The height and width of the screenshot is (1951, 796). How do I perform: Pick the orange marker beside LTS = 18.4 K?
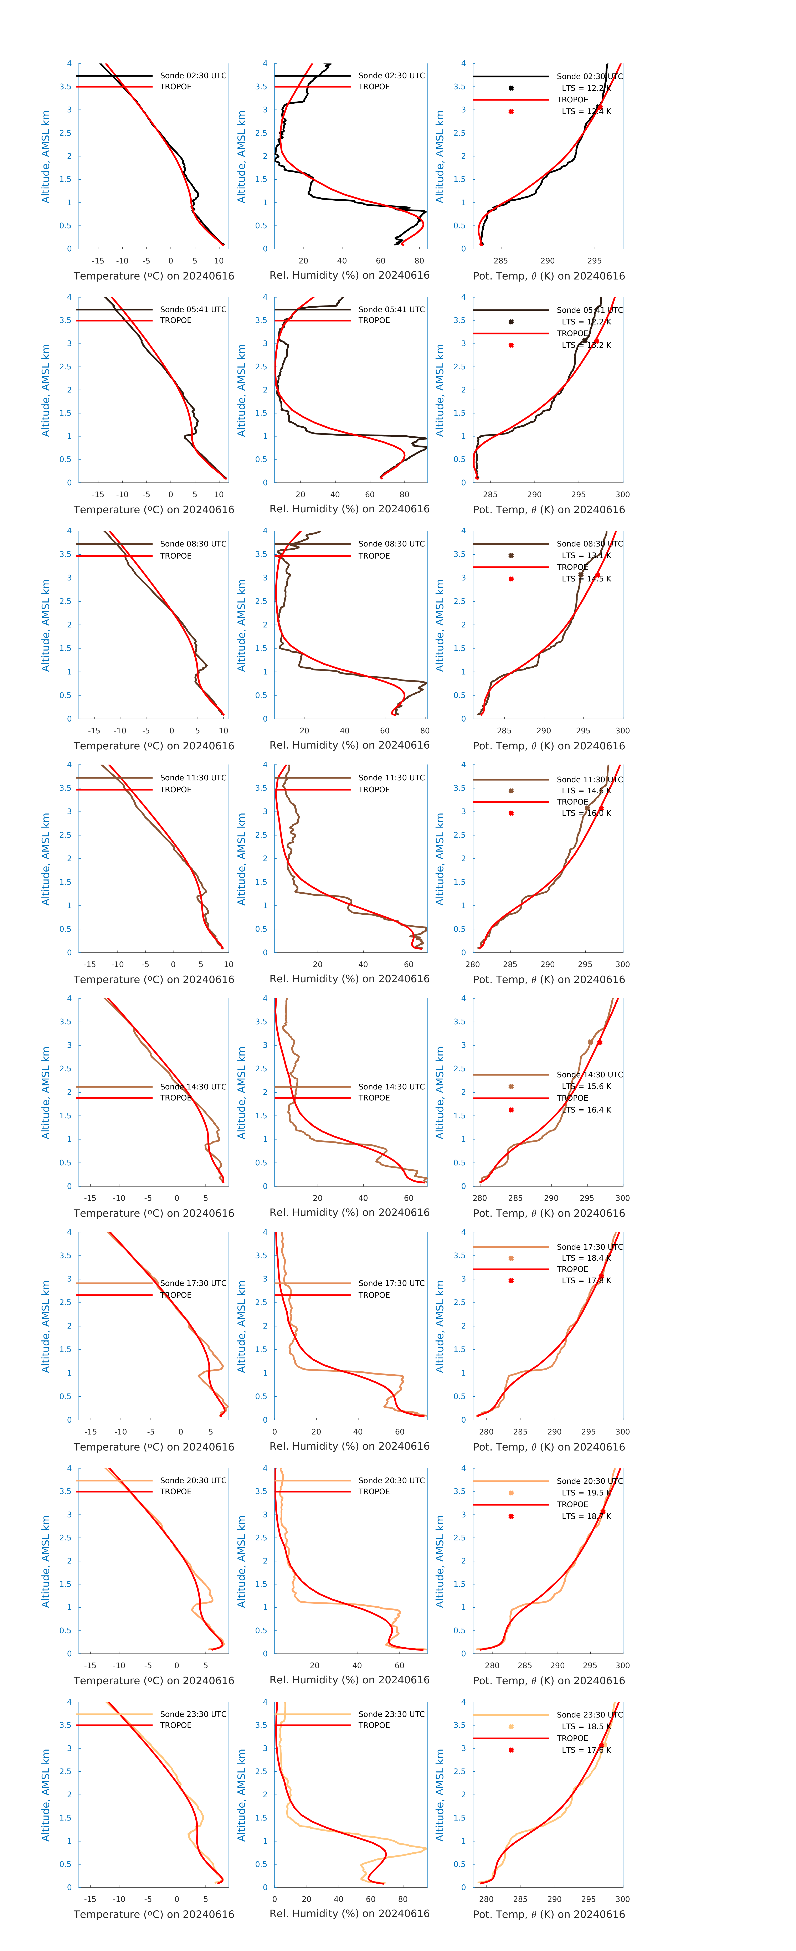point(511,1258)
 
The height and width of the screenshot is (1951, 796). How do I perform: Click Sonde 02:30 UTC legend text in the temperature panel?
point(193,76)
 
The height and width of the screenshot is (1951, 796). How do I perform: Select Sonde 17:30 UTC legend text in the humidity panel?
point(392,1283)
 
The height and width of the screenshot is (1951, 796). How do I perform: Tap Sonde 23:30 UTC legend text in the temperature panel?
point(193,1714)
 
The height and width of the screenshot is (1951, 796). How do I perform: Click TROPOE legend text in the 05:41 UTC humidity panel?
point(374,320)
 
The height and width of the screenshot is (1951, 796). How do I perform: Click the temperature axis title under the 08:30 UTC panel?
point(154,746)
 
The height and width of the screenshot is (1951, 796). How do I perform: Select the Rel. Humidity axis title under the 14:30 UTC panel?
point(349,1213)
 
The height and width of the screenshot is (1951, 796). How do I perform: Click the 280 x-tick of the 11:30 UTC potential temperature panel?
point(473,964)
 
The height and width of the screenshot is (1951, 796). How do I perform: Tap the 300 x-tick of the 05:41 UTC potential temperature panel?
point(622,495)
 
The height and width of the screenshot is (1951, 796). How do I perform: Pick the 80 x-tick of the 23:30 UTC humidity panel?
point(403,1899)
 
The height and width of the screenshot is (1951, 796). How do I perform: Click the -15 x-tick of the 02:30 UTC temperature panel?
point(98,261)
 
